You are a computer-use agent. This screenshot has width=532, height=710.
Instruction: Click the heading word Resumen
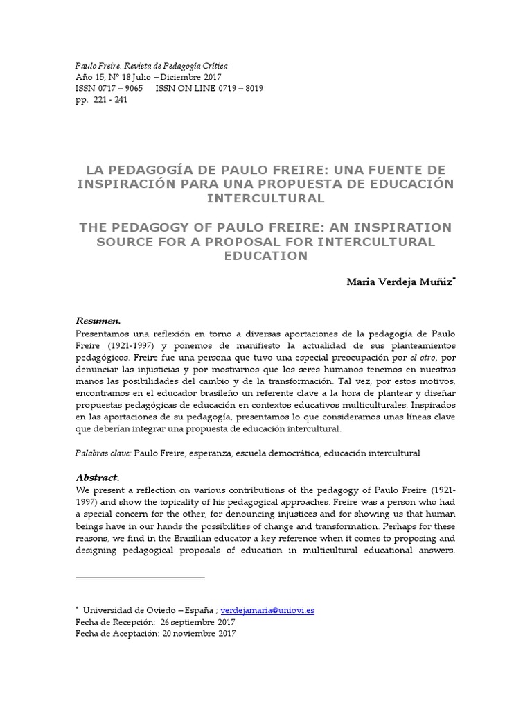(98, 321)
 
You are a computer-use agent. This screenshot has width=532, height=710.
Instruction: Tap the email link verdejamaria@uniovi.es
(267, 610)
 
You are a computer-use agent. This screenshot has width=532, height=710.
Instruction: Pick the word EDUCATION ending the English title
(266, 256)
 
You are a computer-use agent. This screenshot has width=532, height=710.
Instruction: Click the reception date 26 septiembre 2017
(197, 622)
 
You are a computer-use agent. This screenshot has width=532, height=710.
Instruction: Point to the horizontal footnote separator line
(140, 577)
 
